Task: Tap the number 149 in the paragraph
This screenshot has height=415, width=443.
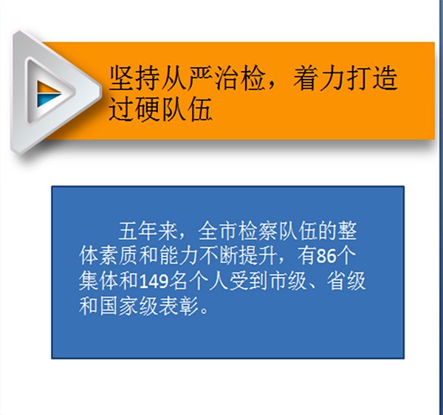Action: (154, 281)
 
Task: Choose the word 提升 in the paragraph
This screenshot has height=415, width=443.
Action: (258, 256)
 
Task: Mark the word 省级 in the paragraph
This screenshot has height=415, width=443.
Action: (346, 281)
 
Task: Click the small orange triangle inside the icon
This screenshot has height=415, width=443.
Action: (46, 88)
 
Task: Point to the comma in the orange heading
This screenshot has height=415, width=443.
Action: (272, 86)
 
